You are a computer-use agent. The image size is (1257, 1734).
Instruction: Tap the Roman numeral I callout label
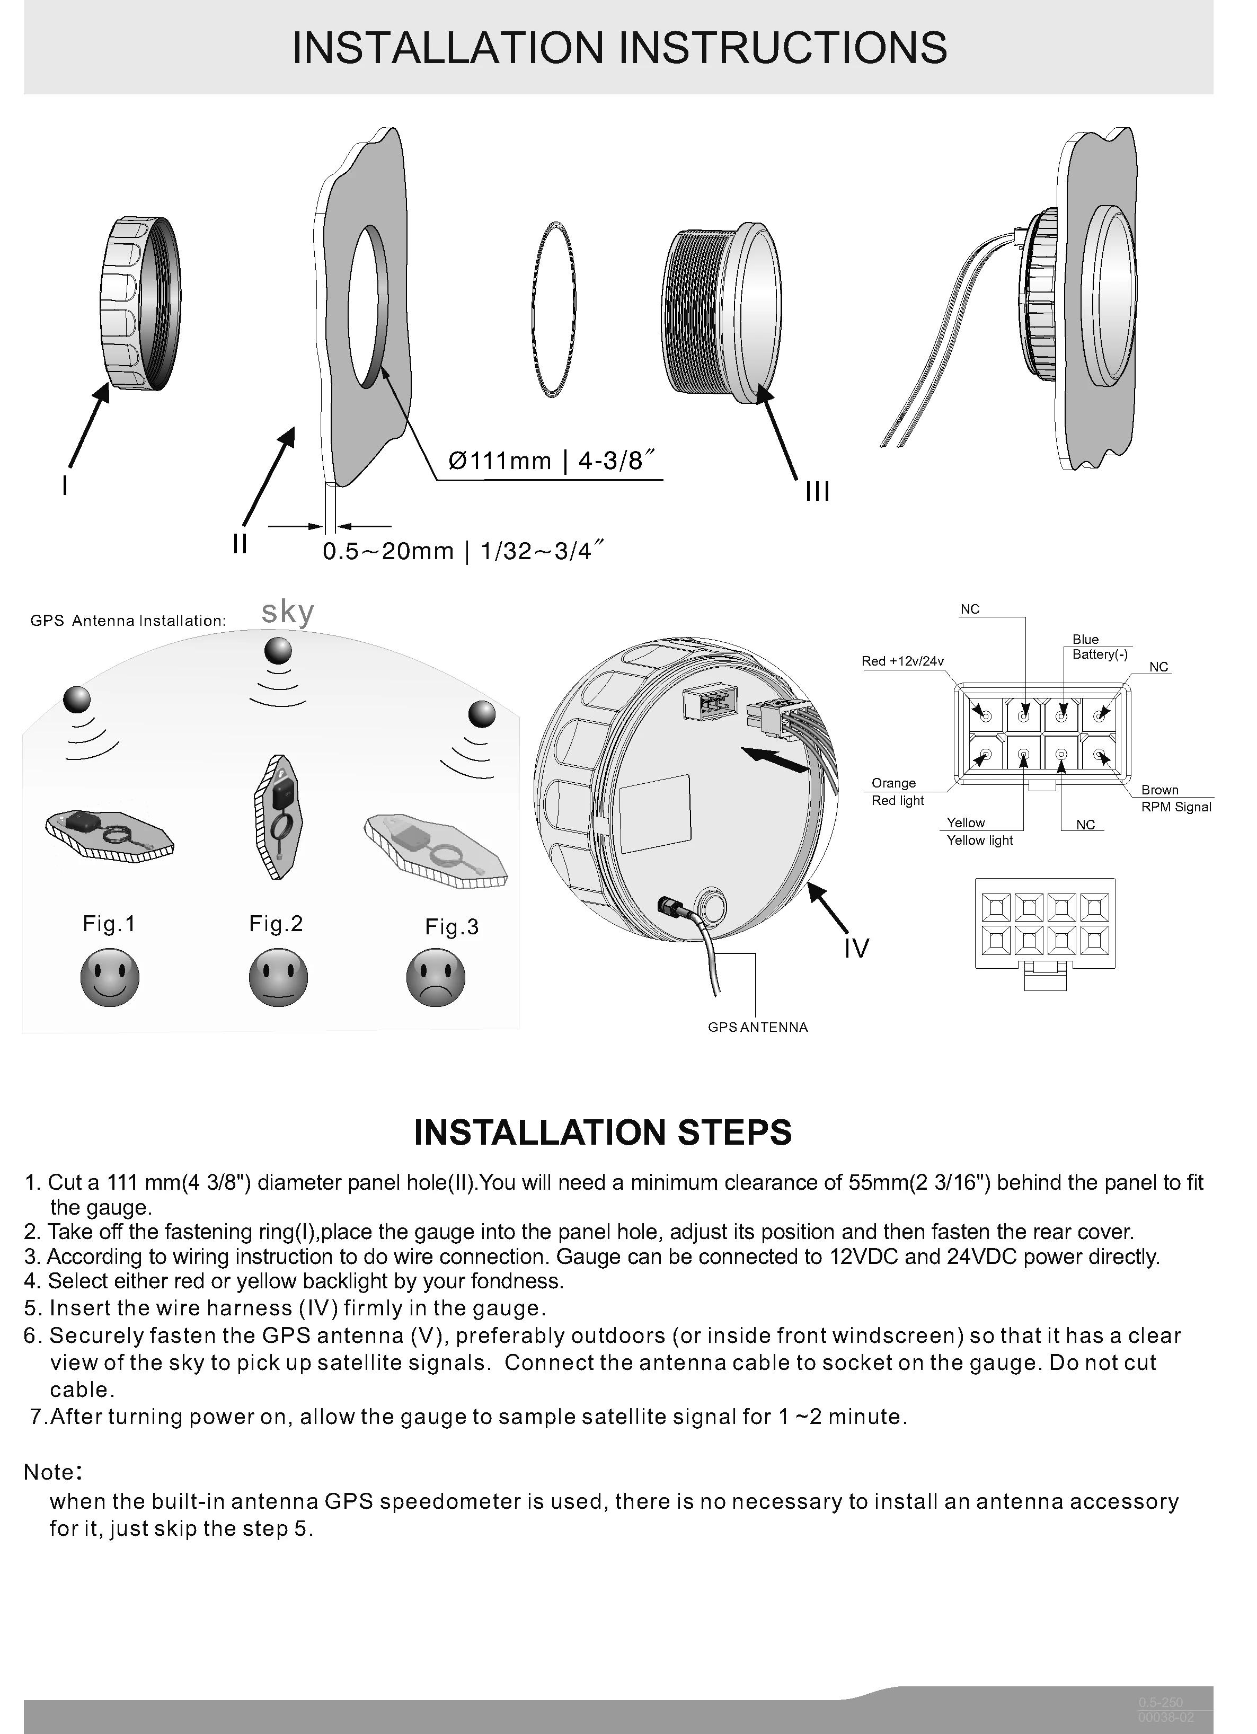[66, 485]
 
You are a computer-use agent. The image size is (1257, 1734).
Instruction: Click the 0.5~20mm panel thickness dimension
[463, 551]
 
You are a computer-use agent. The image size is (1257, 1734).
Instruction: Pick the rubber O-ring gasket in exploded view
[552, 309]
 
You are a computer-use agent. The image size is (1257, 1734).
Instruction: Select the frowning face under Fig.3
[436, 977]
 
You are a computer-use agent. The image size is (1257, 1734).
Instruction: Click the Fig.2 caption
[276, 924]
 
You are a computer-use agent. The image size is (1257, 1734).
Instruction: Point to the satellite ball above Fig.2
[278, 651]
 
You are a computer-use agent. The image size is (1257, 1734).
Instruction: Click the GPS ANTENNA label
[758, 1027]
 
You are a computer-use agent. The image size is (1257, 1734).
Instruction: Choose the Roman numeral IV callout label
[856, 948]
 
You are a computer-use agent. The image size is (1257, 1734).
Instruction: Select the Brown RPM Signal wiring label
[1176, 798]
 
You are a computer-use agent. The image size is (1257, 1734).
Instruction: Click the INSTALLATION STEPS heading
[603, 1133]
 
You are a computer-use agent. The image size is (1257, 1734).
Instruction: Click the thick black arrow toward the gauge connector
[775, 760]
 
